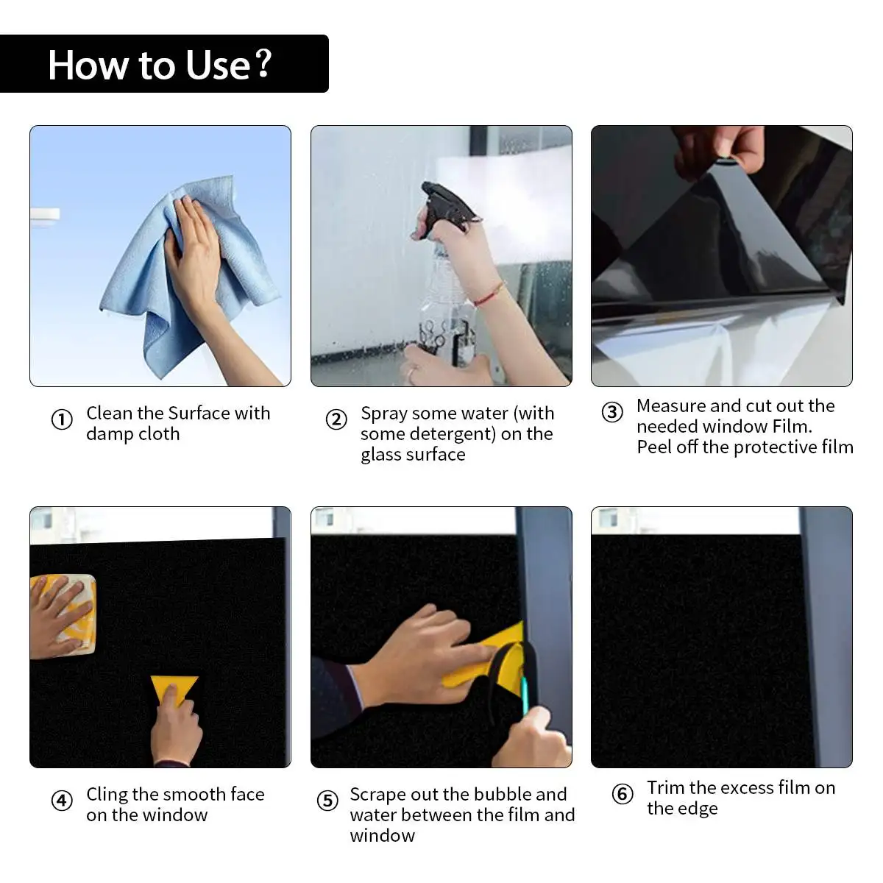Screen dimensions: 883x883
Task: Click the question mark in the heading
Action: coord(263,63)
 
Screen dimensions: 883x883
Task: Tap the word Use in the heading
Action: coord(218,65)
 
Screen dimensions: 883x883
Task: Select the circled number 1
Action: coord(62,419)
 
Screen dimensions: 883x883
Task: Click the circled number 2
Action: coord(336,419)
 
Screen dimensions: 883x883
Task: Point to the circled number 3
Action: coord(612,412)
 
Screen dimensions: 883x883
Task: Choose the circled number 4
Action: coord(62,801)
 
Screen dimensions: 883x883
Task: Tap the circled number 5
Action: coord(327,801)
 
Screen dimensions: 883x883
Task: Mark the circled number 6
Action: coord(623,794)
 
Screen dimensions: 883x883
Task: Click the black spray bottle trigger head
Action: coord(447,206)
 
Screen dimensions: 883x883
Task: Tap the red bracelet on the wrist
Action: coord(489,294)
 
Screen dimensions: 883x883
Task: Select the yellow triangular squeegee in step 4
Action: coord(174,689)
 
